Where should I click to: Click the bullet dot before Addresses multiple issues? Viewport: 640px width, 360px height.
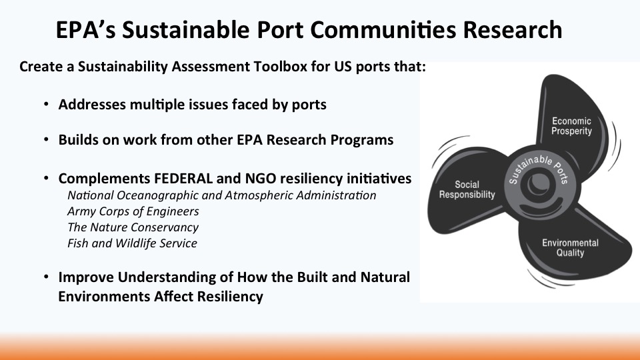[x=46, y=105]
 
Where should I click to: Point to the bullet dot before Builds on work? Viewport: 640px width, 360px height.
[x=46, y=140]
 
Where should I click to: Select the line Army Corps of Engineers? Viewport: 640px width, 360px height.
[x=133, y=211]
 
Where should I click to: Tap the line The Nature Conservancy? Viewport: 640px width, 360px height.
[x=133, y=227]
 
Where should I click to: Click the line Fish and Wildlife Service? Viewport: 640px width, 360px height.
[x=132, y=243]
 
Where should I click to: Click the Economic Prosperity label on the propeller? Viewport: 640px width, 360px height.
[x=571, y=126]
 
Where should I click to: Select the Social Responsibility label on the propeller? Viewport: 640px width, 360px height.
[x=467, y=190]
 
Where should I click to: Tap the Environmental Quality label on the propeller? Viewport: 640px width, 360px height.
[x=570, y=248]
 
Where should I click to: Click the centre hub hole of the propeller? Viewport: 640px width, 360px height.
[x=539, y=185]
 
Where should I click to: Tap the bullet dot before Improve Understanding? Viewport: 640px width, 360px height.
[x=46, y=277]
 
